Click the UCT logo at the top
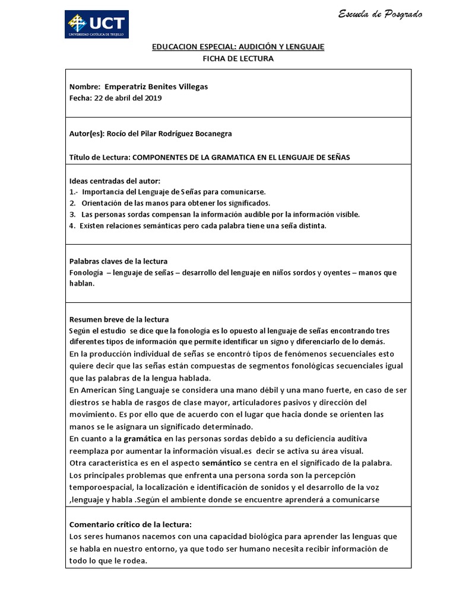97,24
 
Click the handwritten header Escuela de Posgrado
380,14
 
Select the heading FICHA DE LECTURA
238,59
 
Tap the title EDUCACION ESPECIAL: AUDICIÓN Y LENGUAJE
238,47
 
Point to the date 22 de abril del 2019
128,98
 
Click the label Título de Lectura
99,157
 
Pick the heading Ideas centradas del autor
115,180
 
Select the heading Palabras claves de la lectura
118,261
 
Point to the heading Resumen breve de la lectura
119,319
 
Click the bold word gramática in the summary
142,439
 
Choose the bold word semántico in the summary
223,463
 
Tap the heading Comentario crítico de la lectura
131,524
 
